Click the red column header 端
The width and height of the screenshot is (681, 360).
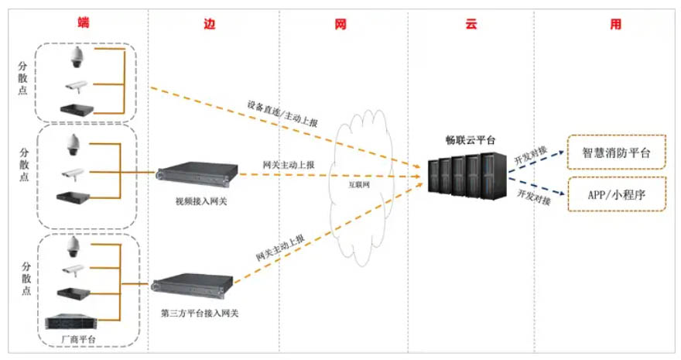84,22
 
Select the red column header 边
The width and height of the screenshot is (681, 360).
210,24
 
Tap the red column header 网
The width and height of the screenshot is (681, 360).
340,24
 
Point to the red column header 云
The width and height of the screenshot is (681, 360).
471,24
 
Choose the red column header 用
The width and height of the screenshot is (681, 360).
616,24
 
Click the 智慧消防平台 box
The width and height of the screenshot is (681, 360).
616,153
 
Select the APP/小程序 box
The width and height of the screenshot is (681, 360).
617,194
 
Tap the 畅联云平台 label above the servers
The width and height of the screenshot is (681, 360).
471,140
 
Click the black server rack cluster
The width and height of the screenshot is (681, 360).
467,177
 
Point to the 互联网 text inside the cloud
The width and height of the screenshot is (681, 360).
359,184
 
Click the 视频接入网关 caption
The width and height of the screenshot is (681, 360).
201,201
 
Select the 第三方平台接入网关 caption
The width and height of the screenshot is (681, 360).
200,313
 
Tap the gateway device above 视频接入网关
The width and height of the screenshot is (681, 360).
197,173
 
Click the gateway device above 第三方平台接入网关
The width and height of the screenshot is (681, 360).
193,286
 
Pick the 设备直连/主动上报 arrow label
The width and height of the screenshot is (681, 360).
282,113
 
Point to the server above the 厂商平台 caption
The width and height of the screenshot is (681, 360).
72,322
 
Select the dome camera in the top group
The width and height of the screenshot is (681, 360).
77,57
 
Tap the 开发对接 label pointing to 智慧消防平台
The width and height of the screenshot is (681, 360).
530,156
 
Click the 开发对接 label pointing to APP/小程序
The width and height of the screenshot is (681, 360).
534,197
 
